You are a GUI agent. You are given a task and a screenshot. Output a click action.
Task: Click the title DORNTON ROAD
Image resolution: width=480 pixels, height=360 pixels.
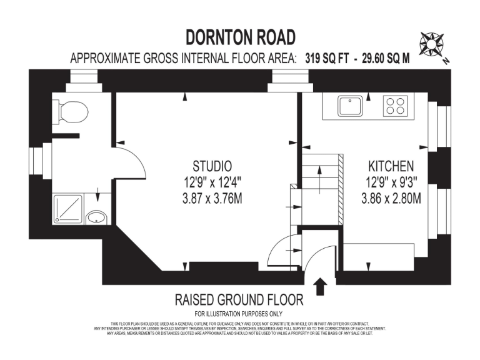(x=240, y=37)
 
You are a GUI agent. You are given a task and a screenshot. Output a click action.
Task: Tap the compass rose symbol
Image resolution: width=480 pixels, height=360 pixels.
(x=432, y=44)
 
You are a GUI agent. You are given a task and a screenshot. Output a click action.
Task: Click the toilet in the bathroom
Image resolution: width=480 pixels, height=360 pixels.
(x=71, y=111)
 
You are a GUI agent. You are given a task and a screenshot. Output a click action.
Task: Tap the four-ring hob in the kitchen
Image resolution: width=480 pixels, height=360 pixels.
(x=394, y=106)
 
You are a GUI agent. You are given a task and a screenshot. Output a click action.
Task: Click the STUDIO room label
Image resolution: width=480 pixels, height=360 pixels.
(x=212, y=166)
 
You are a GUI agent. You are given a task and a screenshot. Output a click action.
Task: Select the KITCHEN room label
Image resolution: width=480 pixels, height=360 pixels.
(x=390, y=166)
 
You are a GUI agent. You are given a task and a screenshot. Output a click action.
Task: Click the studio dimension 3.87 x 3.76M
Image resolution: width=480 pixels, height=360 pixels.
(x=212, y=199)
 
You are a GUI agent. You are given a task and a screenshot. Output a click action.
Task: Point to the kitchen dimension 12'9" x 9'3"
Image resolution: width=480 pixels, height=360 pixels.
(x=390, y=183)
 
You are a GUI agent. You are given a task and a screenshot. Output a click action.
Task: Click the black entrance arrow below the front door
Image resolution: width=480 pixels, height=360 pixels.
(x=321, y=286)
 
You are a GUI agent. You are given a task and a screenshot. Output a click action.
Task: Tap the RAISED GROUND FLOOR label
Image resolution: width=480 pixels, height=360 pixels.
(x=239, y=299)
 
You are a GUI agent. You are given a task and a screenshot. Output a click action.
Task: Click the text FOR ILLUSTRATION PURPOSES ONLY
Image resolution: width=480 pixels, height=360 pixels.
(x=239, y=313)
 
